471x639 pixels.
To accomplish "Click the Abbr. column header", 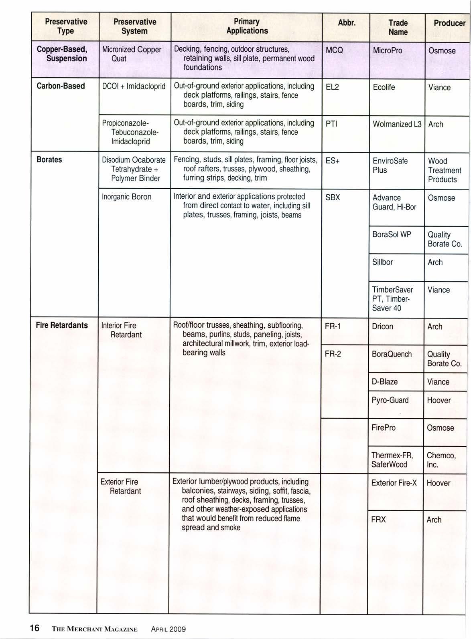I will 347,23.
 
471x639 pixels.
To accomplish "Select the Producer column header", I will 449,23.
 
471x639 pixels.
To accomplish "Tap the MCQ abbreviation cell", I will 334,51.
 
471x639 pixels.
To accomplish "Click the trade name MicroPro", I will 387,51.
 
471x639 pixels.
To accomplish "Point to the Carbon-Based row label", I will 61,86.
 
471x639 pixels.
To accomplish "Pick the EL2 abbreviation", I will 332,87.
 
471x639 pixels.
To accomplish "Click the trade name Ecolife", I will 384,87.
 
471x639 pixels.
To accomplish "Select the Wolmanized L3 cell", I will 397,124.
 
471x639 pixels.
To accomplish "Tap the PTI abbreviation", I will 331,124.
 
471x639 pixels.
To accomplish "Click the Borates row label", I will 49,159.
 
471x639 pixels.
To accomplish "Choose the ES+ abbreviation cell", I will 333,161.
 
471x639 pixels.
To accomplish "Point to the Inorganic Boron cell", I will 126,197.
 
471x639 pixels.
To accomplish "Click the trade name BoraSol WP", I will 392,234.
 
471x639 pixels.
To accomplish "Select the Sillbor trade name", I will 382,262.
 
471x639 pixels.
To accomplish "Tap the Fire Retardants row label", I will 62,325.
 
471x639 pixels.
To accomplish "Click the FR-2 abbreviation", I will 333,354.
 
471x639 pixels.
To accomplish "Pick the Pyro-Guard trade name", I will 390,400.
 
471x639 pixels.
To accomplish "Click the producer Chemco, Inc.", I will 441,460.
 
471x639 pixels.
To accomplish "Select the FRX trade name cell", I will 378,520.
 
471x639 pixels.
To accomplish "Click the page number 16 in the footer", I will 35,627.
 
